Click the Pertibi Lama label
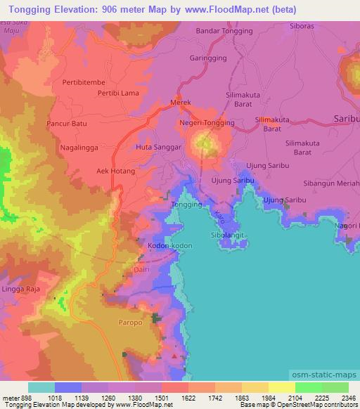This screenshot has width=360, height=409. click(123, 93)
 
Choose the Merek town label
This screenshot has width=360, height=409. click(181, 102)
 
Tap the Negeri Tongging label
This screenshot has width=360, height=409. click(207, 122)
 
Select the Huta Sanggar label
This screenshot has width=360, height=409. click(159, 148)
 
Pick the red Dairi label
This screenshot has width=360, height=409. click(141, 268)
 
